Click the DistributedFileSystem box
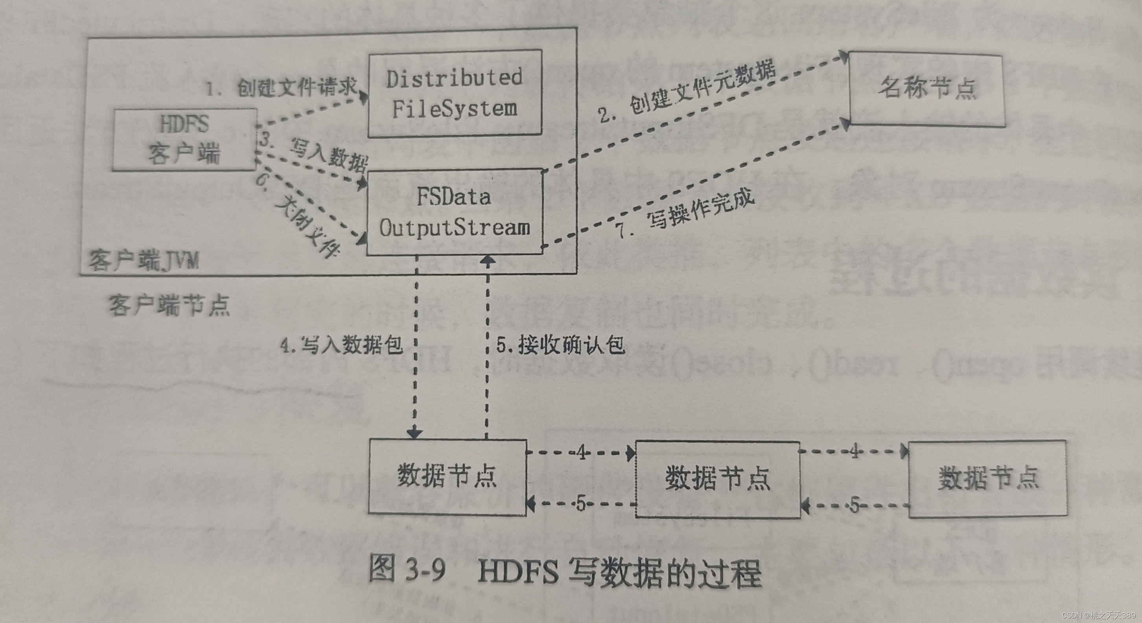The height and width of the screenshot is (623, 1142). click(x=455, y=94)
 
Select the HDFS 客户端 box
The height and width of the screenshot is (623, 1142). click(x=184, y=139)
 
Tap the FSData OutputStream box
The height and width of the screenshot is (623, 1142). click(x=455, y=212)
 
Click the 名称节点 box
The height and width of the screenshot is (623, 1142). click(x=926, y=88)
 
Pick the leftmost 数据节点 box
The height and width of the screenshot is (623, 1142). click(x=447, y=477)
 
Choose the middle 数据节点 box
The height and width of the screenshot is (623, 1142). click(x=718, y=479)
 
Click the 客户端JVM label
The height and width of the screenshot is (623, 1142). click(x=144, y=260)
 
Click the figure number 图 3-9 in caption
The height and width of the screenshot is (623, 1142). click(x=407, y=569)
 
